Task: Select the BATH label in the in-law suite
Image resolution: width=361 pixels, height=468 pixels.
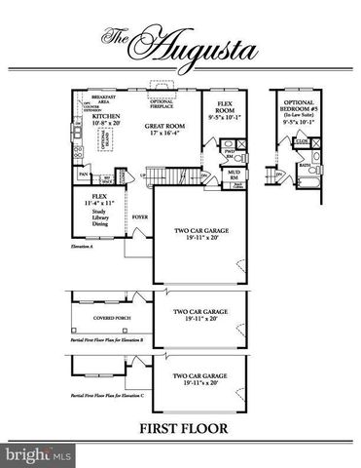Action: point(305,166)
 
